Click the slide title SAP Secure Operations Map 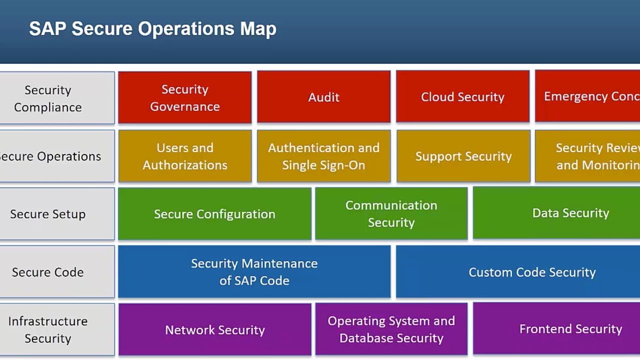[152, 28]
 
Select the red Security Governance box [185, 97]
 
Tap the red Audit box [323, 97]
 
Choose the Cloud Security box [462, 97]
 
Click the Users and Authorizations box [185, 156]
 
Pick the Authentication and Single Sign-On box [323, 156]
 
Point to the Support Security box [463, 156]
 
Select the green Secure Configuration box [214, 214]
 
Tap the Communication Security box [391, 214]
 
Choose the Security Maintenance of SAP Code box [254, 272]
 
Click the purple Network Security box [214, 330]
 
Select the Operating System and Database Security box [391, 329]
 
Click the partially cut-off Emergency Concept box [587, 96]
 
